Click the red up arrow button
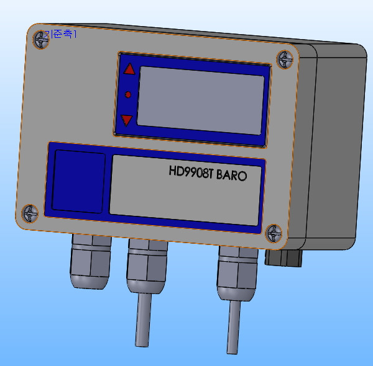pyautogui.click(x=129, y=69)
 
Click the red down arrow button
pyautogui.click(x=127, y=120)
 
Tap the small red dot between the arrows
pyautogui.click(x=128, y=94)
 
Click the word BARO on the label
pyautogui.click(x=232, y=176)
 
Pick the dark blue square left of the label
pyautogui.click(x=78, y=181)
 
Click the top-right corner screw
pyautogui.click(x=285, y=60)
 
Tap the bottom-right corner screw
pyautogui.click(x=274, y=234)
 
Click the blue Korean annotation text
pyautogui.click(x=60, y=35)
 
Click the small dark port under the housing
pyautogui.click(x=283, y=256)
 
